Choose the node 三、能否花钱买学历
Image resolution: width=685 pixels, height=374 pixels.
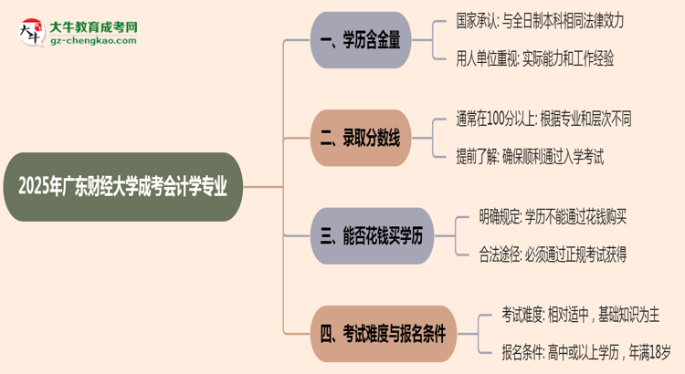[370, 236]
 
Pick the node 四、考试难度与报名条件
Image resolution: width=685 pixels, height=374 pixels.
[384, 333]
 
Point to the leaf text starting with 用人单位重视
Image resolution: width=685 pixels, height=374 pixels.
[534, 58]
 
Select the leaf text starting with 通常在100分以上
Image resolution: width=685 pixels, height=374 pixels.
[543, 119]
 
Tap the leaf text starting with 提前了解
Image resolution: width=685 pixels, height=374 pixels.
[530, 157]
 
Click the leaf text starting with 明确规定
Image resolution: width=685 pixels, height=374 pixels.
[553, 216]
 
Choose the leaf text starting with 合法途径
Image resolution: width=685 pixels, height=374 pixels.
[553, 255]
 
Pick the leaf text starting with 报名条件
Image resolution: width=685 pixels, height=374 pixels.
[585, 352]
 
